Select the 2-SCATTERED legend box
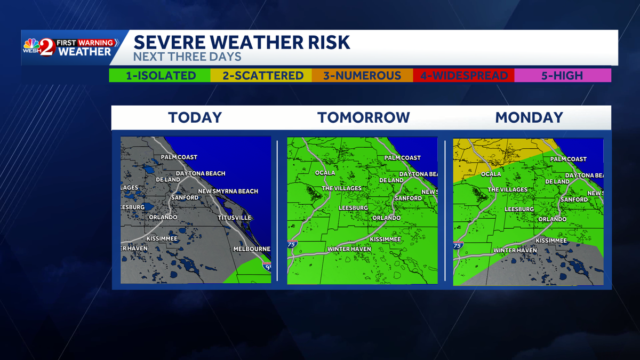click(x=263, y=76)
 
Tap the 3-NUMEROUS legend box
click(x=362, y=76)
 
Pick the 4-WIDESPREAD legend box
click(x=464, y=76)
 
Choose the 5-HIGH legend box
click(x=562, y=76)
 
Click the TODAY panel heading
click(x=195, y=117)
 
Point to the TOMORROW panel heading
click(x=364, y=117)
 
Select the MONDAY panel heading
click(x=529, y=117)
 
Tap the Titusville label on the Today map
click(x=234, y=218)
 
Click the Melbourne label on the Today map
click(x=251, y=249)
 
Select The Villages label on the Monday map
click(x=507, y=190)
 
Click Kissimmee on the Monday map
click(x=551, y=241)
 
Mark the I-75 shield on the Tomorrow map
click(x=292, y=244)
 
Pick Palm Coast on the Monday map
click(x=568, y=159)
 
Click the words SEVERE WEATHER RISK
click(x=242, y=42)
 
